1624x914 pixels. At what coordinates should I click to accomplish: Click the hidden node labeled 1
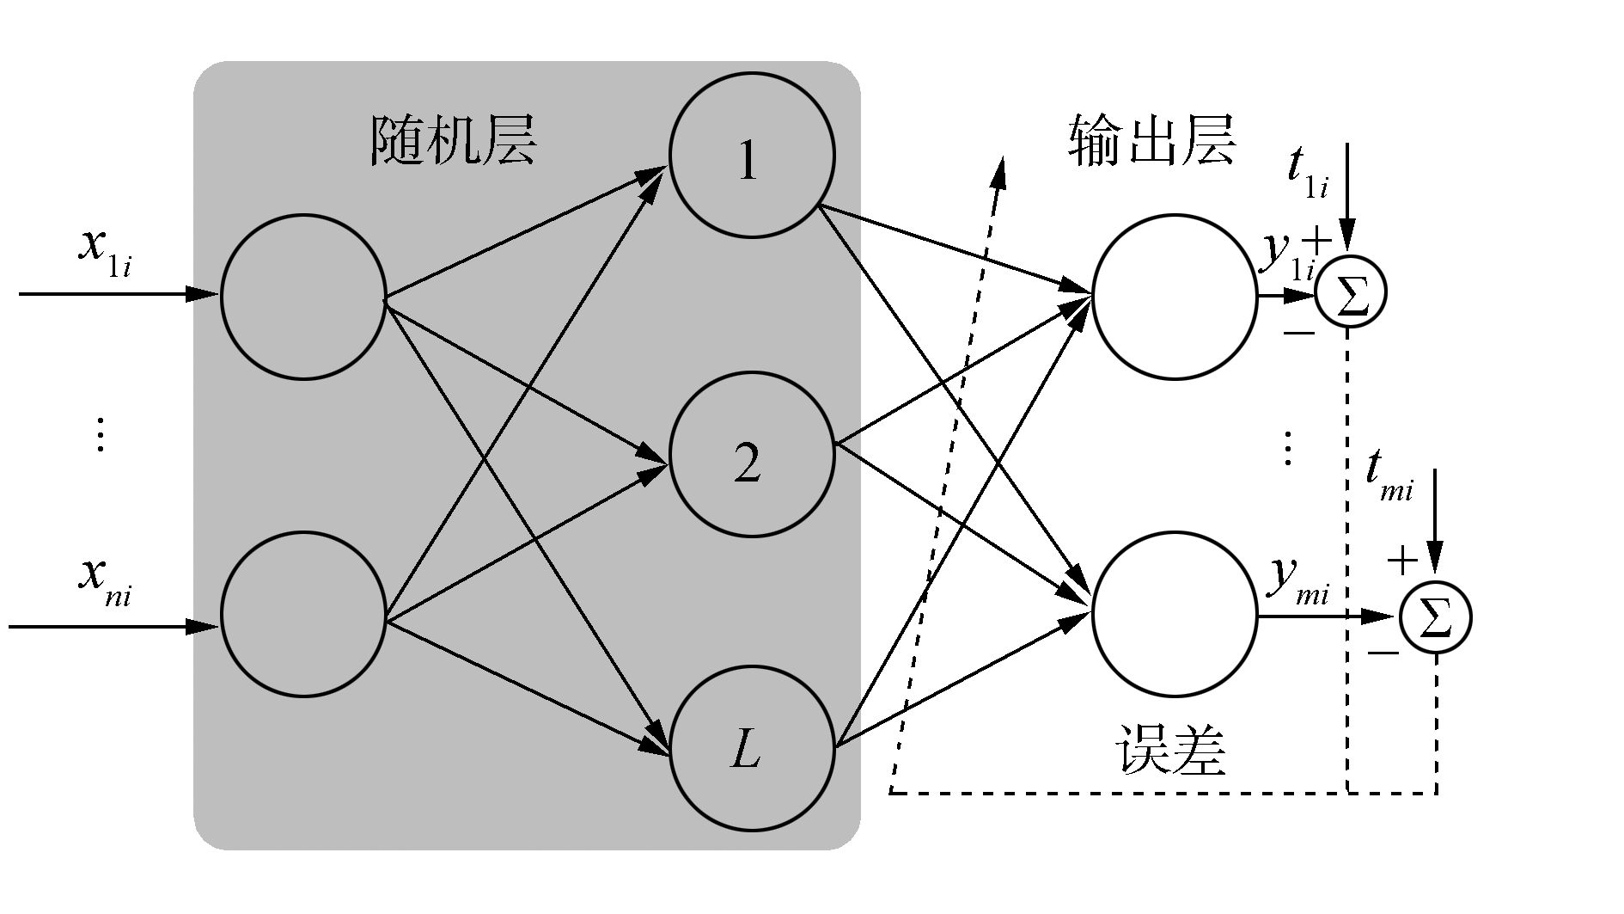tap(752, 155)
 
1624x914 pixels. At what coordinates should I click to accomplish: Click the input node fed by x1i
tap(303, 296)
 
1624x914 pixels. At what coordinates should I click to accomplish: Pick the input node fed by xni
tap(303, 614)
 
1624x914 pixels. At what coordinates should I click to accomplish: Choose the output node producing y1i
tap(1175, 296)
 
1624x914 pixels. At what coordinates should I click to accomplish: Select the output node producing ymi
tap(1175, 614)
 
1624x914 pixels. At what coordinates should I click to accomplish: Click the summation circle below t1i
tap(1351, 294)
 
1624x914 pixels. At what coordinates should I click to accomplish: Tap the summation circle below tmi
tap(1436, 616)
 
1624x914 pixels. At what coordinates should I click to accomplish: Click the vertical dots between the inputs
tap(101, 434)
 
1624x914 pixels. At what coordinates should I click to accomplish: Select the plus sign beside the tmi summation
tap(1402, 561)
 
